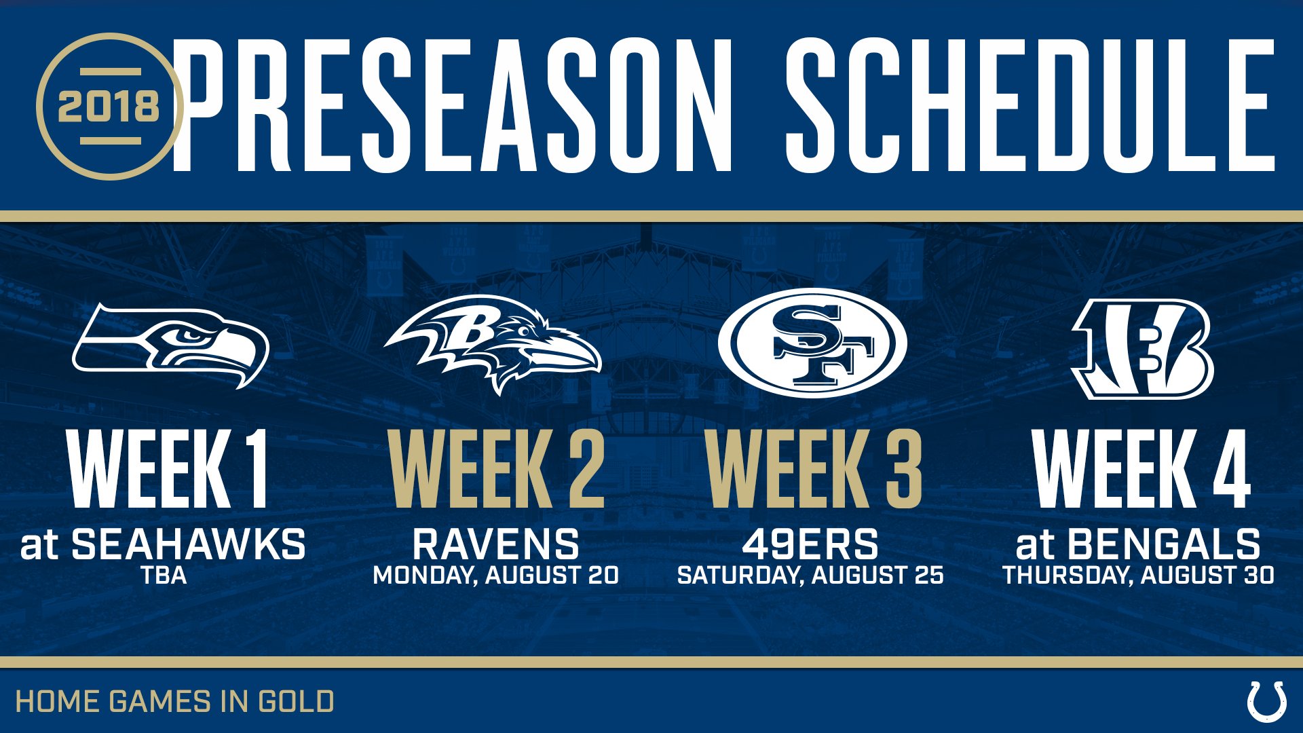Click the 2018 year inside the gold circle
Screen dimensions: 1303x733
tap(109, 107)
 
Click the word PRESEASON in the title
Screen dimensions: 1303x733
tap(451, 105)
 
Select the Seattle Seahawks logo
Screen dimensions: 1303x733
tap(170, 345)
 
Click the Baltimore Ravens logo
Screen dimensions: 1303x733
tap(493, 344)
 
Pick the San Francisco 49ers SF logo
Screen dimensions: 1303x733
tap(812, 343)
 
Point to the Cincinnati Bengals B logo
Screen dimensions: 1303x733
tap(1142, 349)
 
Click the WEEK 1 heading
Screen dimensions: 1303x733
tap(168, 469)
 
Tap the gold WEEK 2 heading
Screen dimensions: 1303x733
tap(497, 469)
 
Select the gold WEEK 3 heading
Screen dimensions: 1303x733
tap(814, 469)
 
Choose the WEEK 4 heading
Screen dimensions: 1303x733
tap(1141, 469)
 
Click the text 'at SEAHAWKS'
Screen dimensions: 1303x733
tap(163, 544)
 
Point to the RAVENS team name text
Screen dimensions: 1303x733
tap(496, 544)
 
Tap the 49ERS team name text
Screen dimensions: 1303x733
tap(810, 544)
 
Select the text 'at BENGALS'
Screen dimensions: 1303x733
tap(1138, 544)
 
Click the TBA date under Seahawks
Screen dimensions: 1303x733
tap(164, 576)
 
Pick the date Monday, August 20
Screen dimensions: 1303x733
tap(496, 576)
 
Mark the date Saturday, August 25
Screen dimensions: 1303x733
tap(810, 576)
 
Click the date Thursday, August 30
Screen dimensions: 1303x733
tap(1138, 576)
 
